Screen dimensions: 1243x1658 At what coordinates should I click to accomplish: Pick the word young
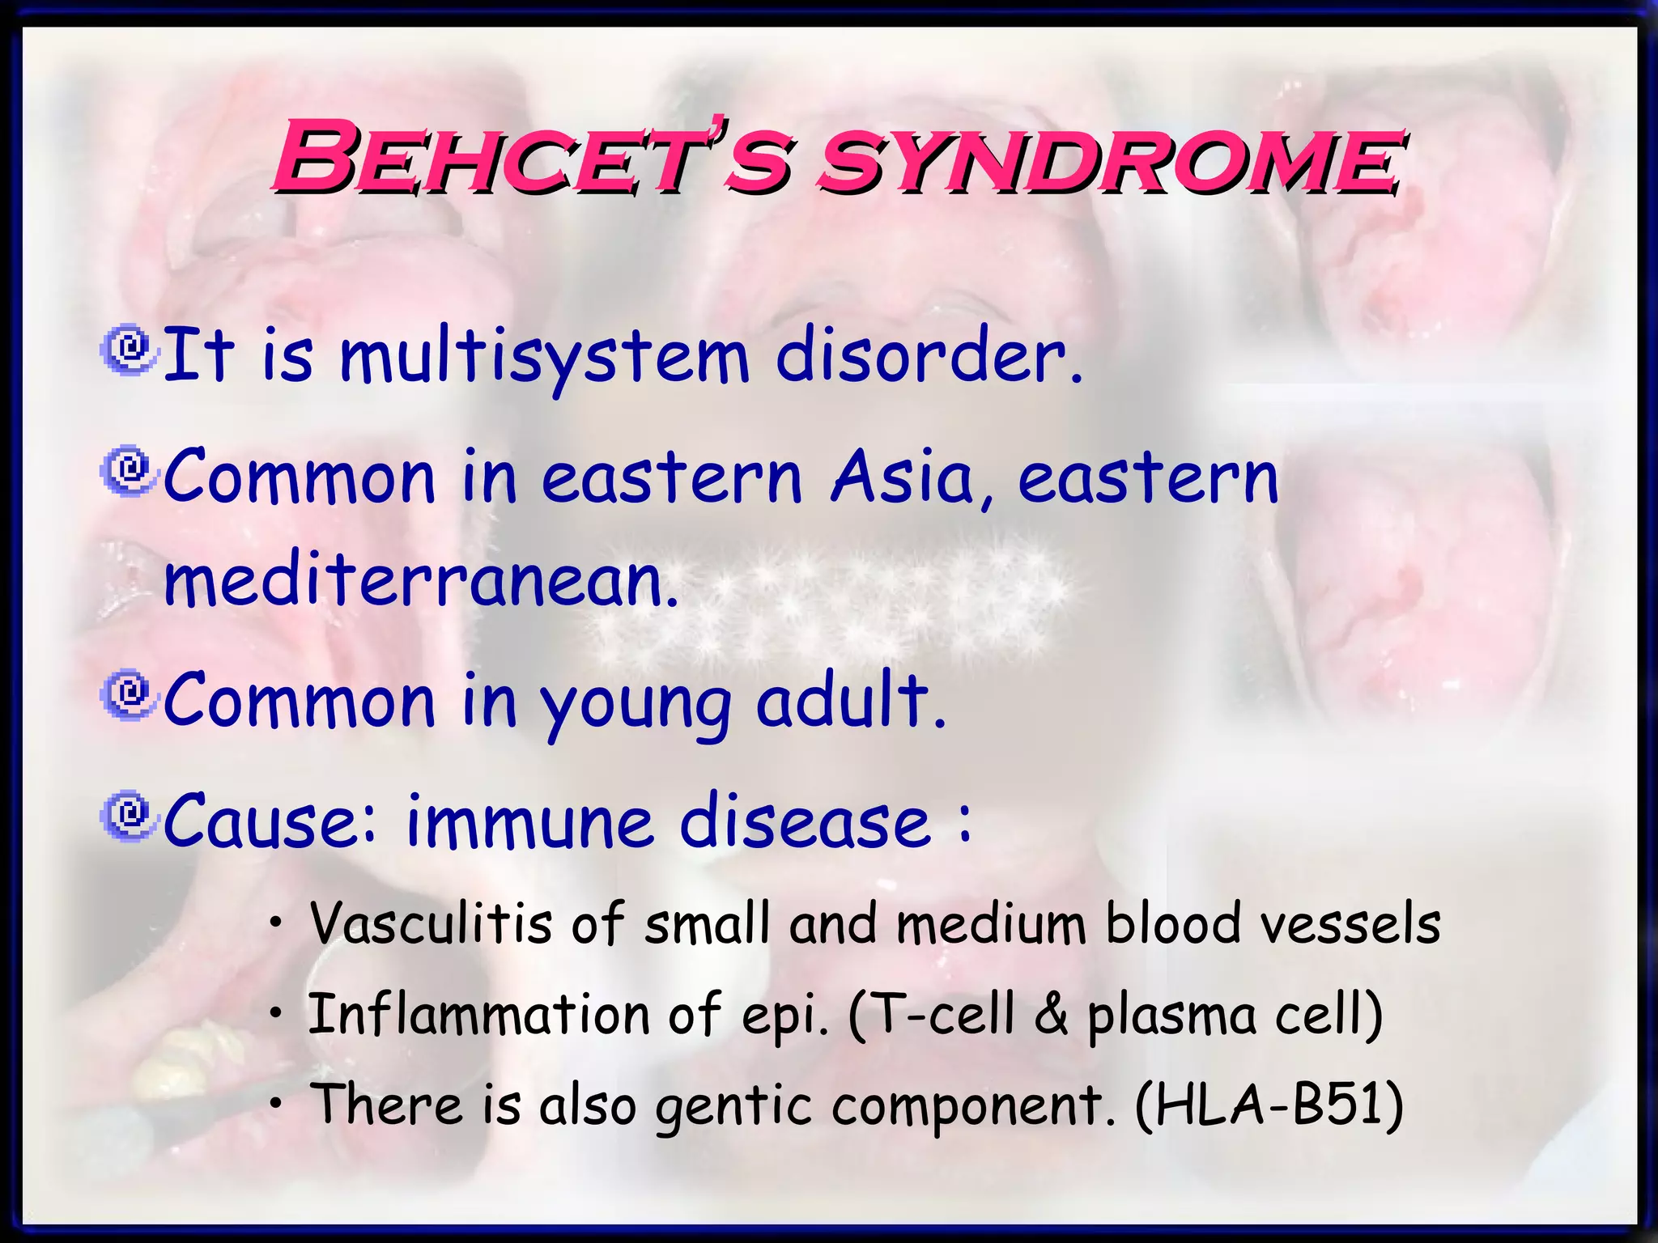(x=636, y=704)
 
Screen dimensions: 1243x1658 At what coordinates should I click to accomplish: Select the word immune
(x=528, y=822)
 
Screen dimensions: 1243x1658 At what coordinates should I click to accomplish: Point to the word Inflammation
(x=479, y=1015)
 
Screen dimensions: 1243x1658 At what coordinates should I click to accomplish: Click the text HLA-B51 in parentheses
(x=1269, y=1105)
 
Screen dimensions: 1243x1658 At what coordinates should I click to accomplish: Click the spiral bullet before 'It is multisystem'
(x=128, y=350)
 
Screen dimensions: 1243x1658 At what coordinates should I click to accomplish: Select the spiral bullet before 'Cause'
(x=128, y=817)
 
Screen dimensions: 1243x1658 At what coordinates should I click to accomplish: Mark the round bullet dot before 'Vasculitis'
(x=277, y=923)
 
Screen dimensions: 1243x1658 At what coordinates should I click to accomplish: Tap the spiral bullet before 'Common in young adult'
(x=128, y=694)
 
